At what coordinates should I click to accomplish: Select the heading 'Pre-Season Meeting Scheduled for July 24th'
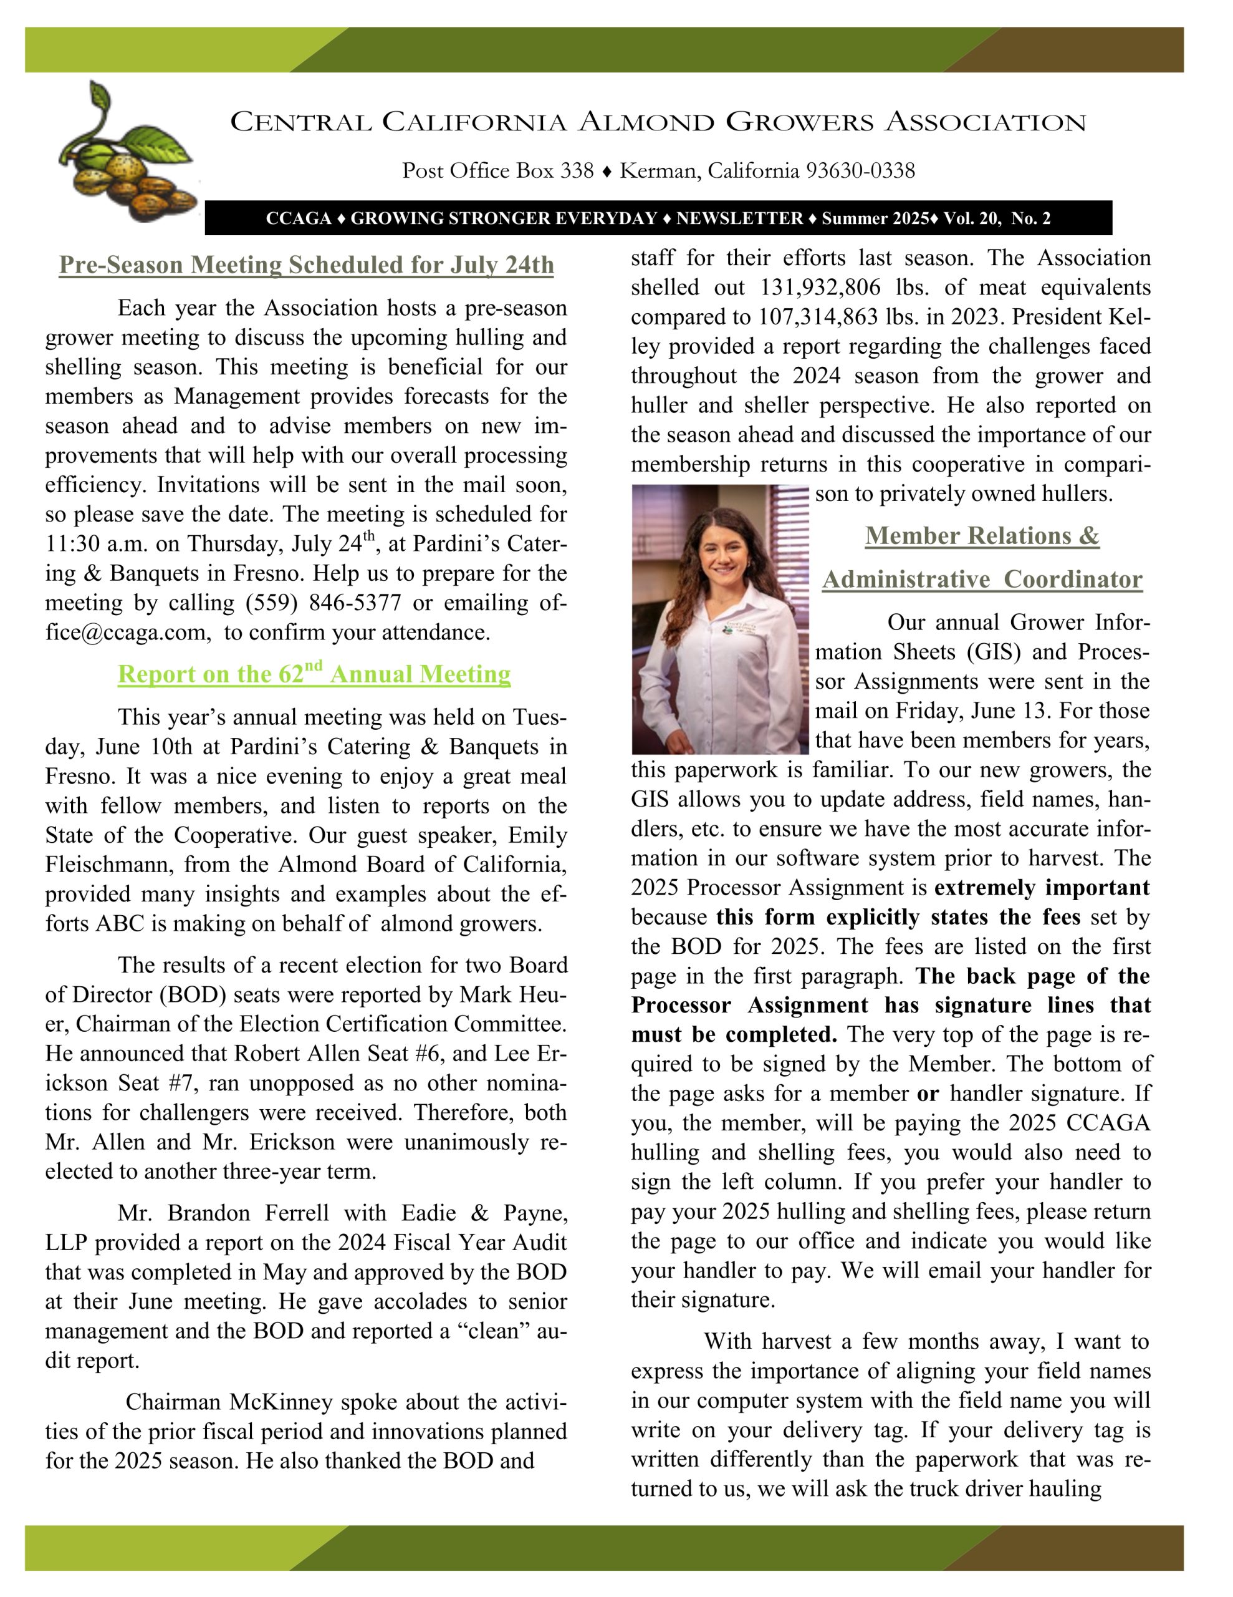point(306,265)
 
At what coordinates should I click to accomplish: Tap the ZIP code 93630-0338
point(860,171)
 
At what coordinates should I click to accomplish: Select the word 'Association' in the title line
point(986,122)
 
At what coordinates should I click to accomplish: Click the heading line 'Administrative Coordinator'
point(982,579)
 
